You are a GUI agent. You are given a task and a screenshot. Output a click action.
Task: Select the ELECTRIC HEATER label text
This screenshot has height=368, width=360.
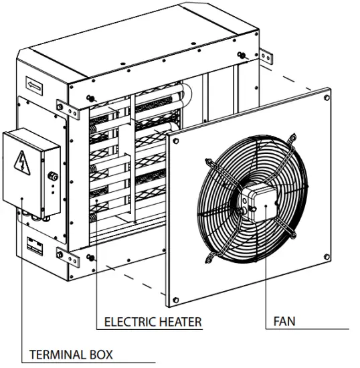click(153, 322)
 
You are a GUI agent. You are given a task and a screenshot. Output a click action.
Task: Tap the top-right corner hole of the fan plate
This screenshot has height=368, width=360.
click(327, 97)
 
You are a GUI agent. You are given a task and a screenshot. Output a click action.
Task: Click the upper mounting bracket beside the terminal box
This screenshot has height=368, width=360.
click(61, 106)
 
